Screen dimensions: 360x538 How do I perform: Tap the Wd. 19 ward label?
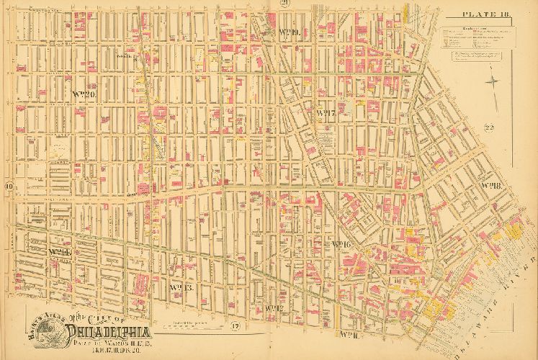[x=287, y=32]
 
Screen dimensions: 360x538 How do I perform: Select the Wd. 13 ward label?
[x=177, y=288]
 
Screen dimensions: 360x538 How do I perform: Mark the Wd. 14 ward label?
[x=58, y=252]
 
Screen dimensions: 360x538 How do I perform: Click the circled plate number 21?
[x=285, y=4]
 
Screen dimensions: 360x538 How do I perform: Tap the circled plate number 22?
[x=489, y=129]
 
